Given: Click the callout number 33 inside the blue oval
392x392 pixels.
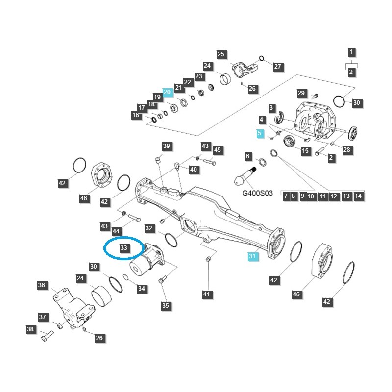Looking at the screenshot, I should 123,248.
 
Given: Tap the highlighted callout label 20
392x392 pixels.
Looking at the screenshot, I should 167,92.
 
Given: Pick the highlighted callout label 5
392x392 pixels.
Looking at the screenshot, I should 260,133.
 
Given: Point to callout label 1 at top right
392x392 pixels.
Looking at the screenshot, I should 351,52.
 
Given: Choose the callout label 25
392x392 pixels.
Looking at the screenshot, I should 220,54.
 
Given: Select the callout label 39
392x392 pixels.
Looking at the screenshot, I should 166,146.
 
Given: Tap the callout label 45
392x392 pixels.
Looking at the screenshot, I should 218,150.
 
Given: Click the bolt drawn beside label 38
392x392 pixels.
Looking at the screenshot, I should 46,337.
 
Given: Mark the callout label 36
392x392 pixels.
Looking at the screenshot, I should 42,285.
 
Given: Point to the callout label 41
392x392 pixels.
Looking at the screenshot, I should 206,294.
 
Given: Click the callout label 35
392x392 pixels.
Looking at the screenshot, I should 165,306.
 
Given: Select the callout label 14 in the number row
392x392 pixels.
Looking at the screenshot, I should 358,196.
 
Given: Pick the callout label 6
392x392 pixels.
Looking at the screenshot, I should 248,157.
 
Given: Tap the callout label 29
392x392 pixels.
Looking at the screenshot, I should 301,94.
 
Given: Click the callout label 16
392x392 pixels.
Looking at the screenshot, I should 136,116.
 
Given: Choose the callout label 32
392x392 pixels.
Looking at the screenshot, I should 149,228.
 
